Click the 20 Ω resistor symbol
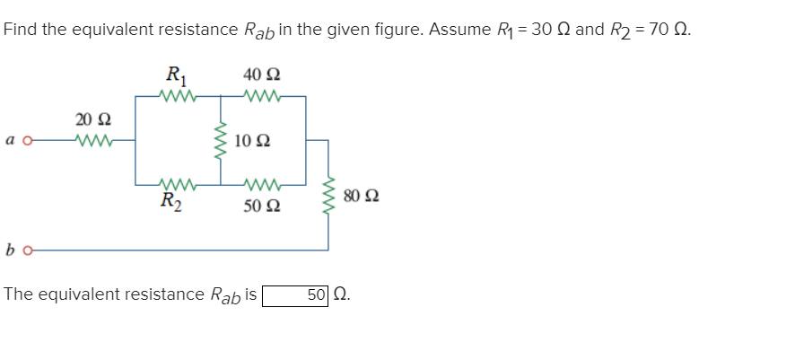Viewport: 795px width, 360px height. (92, 139)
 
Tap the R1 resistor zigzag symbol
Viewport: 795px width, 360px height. (171, 95)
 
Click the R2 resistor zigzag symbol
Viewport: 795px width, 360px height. (171, 186)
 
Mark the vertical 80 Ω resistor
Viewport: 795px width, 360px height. (328, 194)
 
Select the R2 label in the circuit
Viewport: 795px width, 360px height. (171, 203)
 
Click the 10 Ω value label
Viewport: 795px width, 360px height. (252, 141)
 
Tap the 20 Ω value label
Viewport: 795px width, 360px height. (91, 119)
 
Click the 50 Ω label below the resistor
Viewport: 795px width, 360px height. (261, 207)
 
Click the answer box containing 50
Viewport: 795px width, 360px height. (295, 294)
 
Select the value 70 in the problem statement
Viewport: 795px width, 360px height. (660, 29)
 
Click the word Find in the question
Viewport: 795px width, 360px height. (21, 29)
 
